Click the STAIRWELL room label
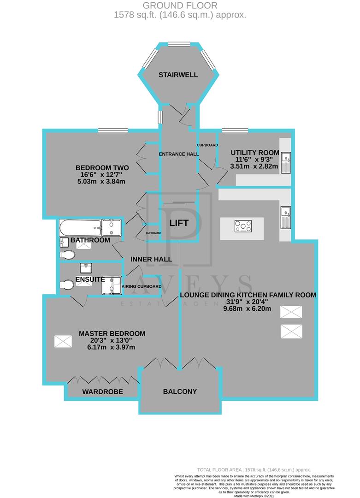pos(178,75)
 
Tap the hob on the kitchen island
pos(243,226)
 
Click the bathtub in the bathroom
pos(80,226)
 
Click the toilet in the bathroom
pos(67,255)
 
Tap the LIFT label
pos(179,223)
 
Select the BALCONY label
pos(180,391)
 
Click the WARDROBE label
pos(102,392)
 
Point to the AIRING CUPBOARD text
pos(142,286)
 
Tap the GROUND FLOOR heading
pos(180,6)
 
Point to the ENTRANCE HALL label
pos(179,154)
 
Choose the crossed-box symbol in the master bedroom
pos(63,342)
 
